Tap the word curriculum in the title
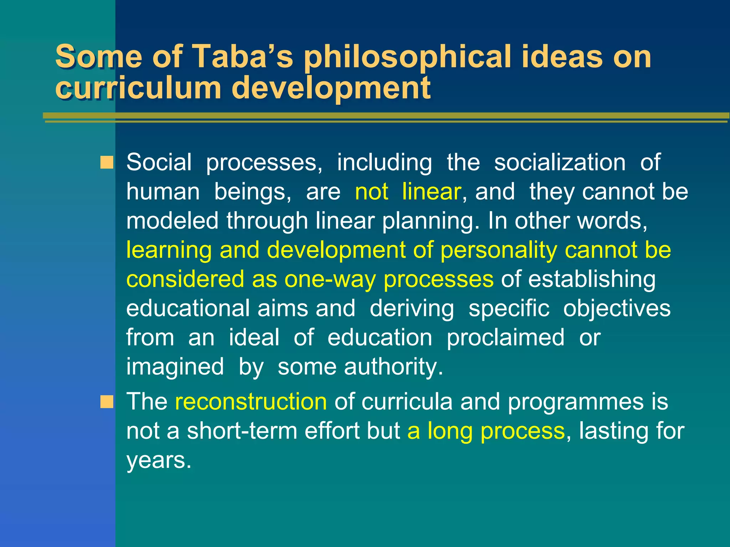[138, 88]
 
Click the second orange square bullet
[107, 402]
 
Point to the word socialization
[560, 162]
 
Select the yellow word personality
[498, 250]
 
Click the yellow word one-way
[330, 279]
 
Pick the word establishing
[592, 279]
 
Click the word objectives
[617, 308]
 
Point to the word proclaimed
[505, 338]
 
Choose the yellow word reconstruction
[251, 402]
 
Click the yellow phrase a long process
[486, 431]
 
